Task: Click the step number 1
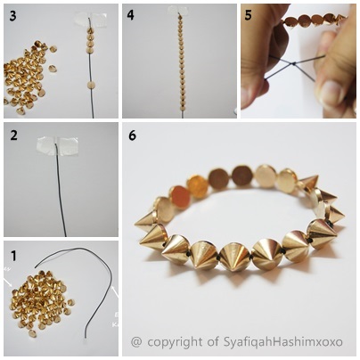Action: (x=13, y=256)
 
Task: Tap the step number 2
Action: (x=14, y=135)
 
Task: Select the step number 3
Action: (x=12, y=16)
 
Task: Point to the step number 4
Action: (x=131, y=15)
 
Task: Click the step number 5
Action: (x=249, y=15)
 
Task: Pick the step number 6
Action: (x=132, y=135)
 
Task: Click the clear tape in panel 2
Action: (x=57, y=146)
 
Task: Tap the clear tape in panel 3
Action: (x=88, y=20)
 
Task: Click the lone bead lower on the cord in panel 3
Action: (x=92, y=85)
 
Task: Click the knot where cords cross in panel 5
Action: (x=293, y=63)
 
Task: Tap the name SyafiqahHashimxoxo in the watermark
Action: (x=283, y=341)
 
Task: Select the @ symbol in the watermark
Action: (x=136, y=342)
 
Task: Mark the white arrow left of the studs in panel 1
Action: (x=8, y=282)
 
